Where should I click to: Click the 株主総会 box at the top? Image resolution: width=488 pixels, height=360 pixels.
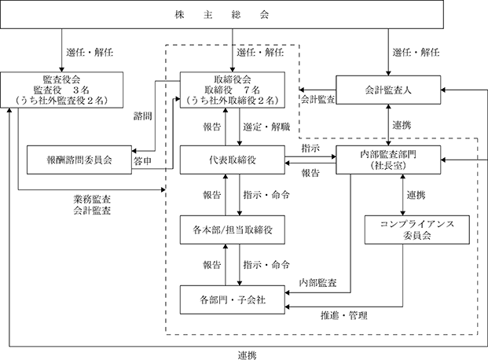coord(222,14)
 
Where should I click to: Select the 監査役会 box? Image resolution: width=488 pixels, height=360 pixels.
coord(61,90)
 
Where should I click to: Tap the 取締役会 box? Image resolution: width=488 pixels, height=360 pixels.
coord(232,90)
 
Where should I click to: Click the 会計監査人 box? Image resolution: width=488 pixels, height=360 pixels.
coord(388,90)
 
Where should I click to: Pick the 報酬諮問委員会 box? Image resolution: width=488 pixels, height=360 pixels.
coord(79,160)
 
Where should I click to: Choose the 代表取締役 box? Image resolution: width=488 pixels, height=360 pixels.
coord(232,160)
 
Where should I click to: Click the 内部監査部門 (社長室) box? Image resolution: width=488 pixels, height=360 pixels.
coord(388,160)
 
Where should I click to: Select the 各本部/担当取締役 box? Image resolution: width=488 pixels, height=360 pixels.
coord(232,230)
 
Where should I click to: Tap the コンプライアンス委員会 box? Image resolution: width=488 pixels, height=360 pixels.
coord(417,230)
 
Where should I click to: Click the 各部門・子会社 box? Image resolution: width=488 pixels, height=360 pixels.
coord(232,299)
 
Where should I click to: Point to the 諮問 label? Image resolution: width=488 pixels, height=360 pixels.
coord(142,116)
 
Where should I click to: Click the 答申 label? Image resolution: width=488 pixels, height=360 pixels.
coord(142,160)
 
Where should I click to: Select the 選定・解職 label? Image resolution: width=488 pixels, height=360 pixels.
coord(266,127)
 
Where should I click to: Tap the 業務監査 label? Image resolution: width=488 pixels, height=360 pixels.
coord(92,200)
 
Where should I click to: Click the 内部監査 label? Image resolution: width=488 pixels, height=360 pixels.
coord(317,282)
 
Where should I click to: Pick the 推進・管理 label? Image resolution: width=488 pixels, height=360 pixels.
coord(344,315)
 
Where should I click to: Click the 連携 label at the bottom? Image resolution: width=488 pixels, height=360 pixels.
coord(248,355)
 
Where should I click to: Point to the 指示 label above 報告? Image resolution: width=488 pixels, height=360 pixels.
coord(310,149)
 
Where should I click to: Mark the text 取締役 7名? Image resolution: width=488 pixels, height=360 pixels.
coord(232,90)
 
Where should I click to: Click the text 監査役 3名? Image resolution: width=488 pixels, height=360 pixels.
coord(61,90)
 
